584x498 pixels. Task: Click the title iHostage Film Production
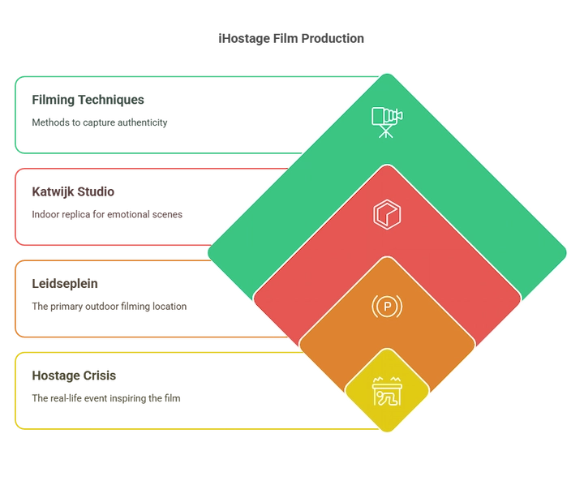291,38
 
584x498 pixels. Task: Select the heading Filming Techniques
88,100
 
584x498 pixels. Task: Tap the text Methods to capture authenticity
100,122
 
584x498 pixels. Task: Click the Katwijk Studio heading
73,191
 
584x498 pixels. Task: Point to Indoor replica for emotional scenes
107,215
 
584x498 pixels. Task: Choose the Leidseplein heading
65,284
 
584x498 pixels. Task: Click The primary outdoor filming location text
109,306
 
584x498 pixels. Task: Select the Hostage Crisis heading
74,376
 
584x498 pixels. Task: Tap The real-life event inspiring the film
106,398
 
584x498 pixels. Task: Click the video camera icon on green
387,122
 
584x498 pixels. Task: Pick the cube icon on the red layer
387,214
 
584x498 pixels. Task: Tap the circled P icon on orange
387,306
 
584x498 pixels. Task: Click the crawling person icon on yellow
387,391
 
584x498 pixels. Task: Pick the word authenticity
144,122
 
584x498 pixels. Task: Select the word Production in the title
333,38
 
